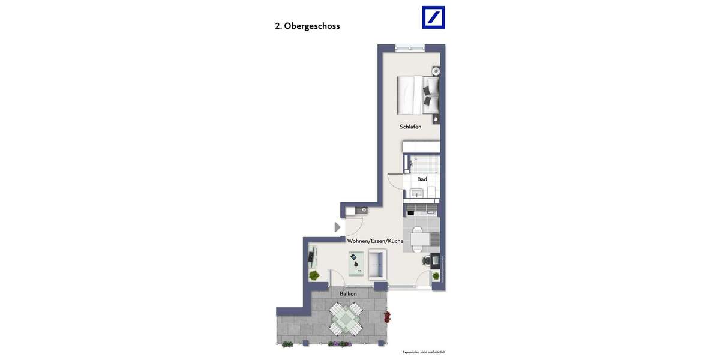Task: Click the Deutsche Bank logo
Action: pyautogui.click(x=433, y=17)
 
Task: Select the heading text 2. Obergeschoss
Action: pyautogui.click(x=307, y=26)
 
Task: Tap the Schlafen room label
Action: pyautogui.click(x=410, y=127)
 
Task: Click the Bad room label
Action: pyautogui.click(x=422, y=179)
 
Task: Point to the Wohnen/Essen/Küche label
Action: pyautogui.click(x=375, y=241)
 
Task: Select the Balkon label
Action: pyautogui.click(x=348, y=293)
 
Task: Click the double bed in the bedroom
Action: pyautogui.click(x=419, y=95)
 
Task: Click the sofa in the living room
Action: pyautogui.click(x=377, y=265)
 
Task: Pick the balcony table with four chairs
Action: pyautogui.click(x=346, y=319)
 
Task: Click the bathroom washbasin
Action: pyautogui.click(x=416, y=193)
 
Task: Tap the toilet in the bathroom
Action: pyautogui.click(x=431, y=192)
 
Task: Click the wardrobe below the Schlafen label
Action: pyautogui.click(x=421, y=147)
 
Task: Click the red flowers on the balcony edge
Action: pyautogui.click(x=387, y=316)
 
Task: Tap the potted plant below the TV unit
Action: pyautogui.click(x=314, y=275)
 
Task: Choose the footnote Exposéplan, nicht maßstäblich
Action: pyautogui.click(x=424, y=352)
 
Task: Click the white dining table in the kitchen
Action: pyautogui.click(x=420, y=239)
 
